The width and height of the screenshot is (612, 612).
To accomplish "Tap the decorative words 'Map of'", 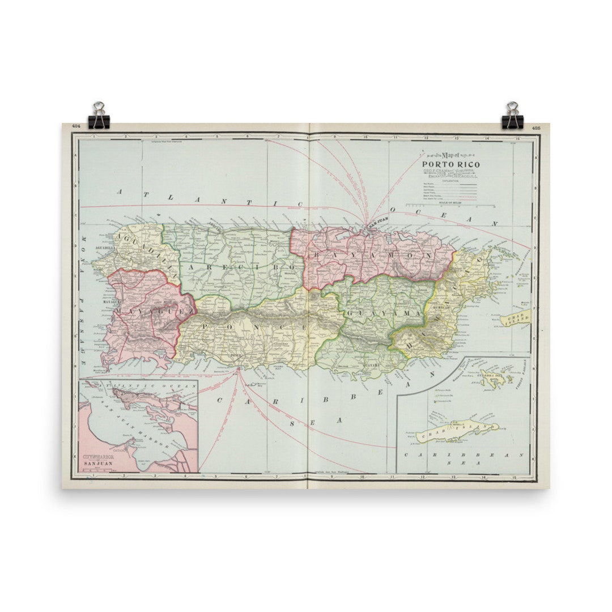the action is [x=445, y=155].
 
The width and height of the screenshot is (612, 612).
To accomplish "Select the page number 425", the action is [x=536, y=127].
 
